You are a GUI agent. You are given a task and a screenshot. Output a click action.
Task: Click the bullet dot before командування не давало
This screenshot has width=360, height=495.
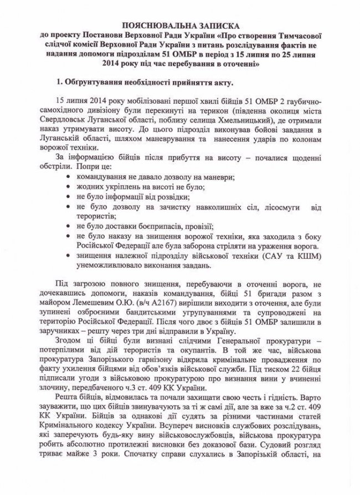[67, 177]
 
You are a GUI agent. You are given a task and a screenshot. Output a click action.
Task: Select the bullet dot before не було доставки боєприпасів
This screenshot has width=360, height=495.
[67, 226]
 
